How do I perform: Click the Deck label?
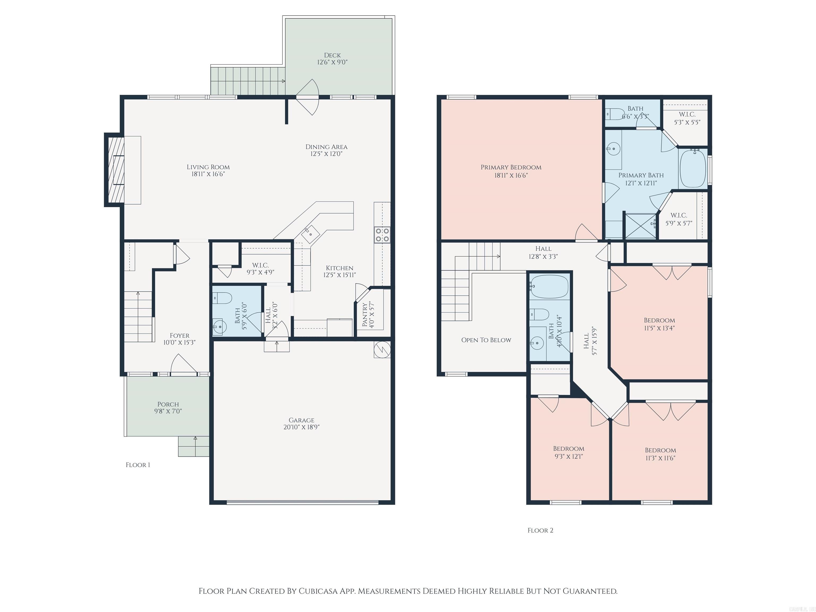coord(332,55)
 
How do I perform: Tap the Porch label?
coord(168,404)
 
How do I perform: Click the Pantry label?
coord(365,315)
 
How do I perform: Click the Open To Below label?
coord(486,340)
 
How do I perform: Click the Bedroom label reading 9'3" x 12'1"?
coord(568,449)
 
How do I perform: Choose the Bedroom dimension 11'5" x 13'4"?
coord(659,328)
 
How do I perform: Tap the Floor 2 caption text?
coord(540,530)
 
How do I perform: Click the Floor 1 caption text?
coord(138,465)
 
